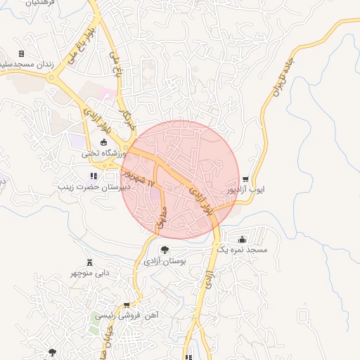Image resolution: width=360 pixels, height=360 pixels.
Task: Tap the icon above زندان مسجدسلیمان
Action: click(x=22, y=54)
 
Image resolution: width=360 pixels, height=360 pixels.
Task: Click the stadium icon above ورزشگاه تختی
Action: click(x=103, y=143)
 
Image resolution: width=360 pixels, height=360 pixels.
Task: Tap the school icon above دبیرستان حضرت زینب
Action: click(x=92, y=176)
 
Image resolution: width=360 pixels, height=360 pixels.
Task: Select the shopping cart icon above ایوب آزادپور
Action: click(x=245, y=179)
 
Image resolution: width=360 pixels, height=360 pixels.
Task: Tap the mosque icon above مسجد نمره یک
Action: click(x=243, y=239)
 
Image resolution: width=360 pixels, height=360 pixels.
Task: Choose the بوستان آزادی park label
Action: click(x=165, y=261)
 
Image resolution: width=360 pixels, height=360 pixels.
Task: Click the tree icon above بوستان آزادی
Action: click(x=165, y=250)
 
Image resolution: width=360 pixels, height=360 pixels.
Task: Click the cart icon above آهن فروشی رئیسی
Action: click(x=127, y=305)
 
